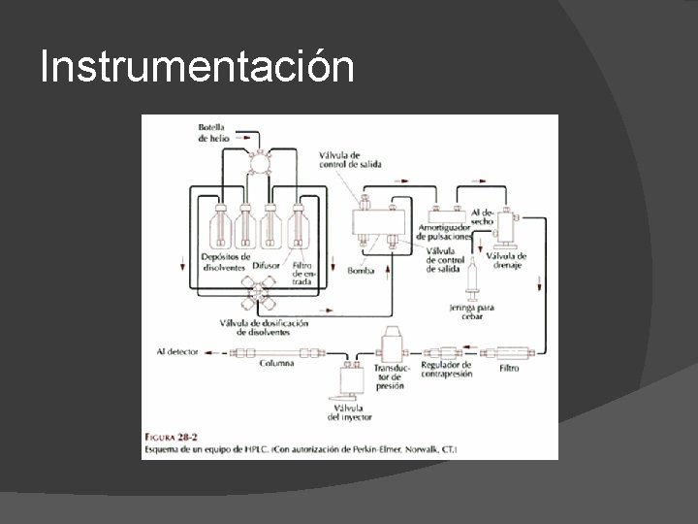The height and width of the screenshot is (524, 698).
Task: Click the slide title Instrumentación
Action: tap(197, 67)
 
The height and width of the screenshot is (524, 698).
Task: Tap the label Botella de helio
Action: tap(211, 133)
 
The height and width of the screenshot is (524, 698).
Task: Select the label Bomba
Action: tap(361, 271)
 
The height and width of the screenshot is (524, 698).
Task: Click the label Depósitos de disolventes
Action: tap(225, 262)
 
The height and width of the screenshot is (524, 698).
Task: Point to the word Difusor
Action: tap(267, 264)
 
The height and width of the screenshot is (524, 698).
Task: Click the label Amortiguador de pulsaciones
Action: tap(446, 232)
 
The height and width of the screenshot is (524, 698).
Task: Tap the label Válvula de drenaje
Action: tap(506, 260)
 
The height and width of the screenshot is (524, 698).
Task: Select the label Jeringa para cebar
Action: tap(472, 311)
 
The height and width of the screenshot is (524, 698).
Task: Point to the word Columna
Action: tap(277, 363)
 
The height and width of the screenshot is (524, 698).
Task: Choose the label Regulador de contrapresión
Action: tap(447, 369)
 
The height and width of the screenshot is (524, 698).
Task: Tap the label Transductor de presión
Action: tap(393, 376)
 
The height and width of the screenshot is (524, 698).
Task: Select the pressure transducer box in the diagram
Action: tap(393, 345)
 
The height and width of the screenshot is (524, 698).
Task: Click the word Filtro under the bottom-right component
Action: tap(509, 369)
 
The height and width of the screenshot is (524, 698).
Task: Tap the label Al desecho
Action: tap(483, 215)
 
